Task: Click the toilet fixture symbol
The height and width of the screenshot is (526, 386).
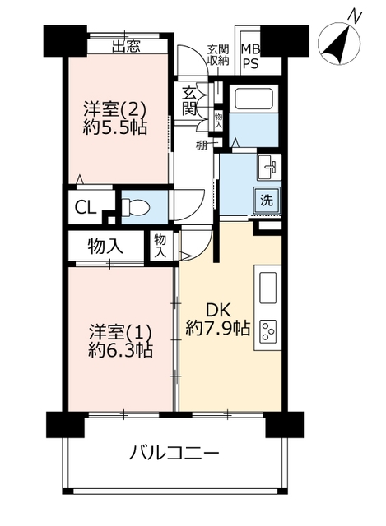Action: [135, 206]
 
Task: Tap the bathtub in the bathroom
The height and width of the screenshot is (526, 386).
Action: [253, 99]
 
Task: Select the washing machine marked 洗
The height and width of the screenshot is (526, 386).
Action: [267, 201]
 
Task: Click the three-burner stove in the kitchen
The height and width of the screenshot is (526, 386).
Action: [267, 331]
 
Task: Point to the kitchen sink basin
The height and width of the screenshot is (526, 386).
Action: [267, 288]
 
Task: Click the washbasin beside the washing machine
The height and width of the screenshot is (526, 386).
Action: [269, 167]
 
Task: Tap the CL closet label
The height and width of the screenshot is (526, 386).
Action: [86, 208]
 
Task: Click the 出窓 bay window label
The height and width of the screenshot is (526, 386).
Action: [126, 46]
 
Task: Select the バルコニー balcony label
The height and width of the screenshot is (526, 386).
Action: [174, 454]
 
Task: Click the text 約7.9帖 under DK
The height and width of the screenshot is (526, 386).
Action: [218, 329]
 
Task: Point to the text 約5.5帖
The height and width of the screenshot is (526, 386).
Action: [115, 128]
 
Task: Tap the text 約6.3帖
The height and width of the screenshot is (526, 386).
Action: [121, 351]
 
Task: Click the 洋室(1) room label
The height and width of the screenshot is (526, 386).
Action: [121, 332]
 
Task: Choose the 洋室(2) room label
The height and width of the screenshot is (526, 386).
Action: [115, 109]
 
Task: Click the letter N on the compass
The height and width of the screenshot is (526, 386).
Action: [355, 15]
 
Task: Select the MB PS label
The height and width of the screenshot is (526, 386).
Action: [251, 57]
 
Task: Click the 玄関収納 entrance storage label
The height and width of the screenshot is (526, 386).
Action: [218, 55]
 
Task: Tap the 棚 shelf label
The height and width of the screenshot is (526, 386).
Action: [201, 146]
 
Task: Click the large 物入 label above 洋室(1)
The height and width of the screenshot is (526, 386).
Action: [105, 247]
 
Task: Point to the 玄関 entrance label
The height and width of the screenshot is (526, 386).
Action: [189, 100]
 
